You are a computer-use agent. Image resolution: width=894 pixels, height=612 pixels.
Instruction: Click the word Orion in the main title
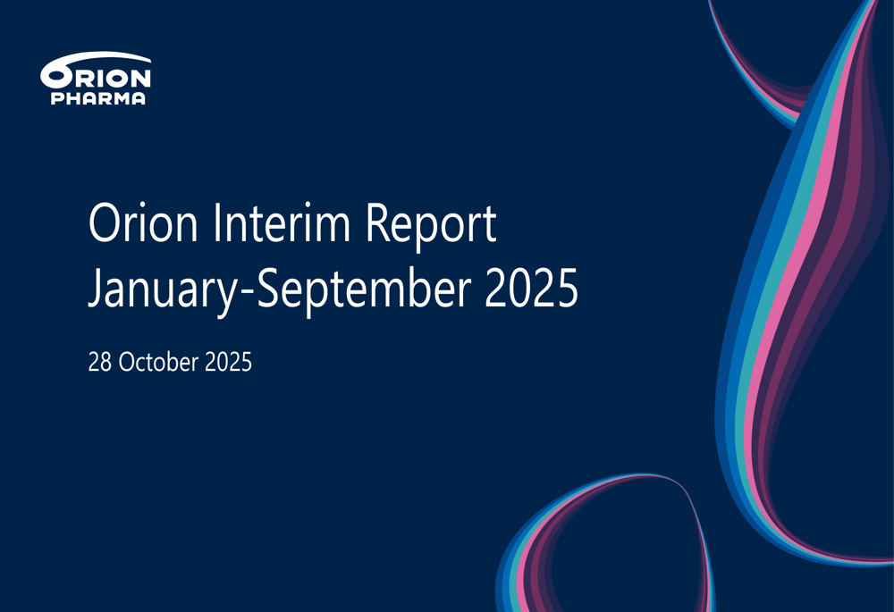click(x=143, y=222)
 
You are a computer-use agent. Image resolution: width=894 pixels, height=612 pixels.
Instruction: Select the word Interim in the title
click(x=282, y=222)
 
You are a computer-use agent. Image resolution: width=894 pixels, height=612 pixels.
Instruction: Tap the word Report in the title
click(x=431, y=227)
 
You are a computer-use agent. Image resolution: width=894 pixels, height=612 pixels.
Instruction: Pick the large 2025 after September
click(x=531, y=288)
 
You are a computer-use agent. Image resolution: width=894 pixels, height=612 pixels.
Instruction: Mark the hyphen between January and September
click(x=247, y=293)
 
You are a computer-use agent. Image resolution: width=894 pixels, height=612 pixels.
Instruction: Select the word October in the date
click(x=158, y=362)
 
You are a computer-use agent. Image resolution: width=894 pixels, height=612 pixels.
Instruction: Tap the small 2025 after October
click(x=228, y=363)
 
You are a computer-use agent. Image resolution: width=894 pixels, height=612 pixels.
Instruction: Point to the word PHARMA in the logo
click(x=98, y=98)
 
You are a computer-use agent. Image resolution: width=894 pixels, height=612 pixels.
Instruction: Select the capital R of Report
click(x=377, y=222)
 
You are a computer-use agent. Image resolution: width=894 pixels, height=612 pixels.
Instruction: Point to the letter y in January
click(x=227, y=298)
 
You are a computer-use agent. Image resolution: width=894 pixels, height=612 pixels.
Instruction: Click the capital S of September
click(x=268, y=288)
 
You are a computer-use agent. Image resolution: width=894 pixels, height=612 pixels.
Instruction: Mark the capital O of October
click(x=127, y=363)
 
